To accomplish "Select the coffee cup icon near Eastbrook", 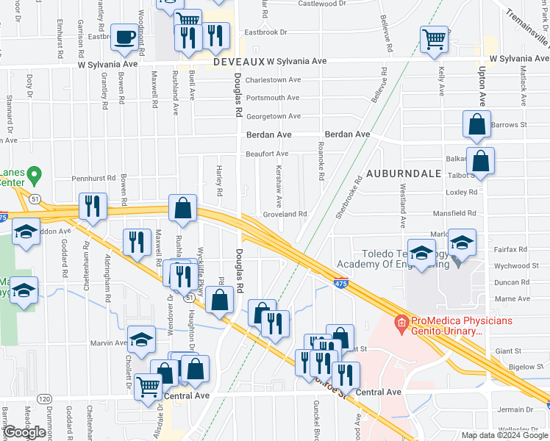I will click(x=124, y=37).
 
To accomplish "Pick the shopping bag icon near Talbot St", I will click(x=480, y=162).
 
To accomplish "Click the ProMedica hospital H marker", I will click(x=401, y=322).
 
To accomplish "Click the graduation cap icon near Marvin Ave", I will click(x=142, y=340).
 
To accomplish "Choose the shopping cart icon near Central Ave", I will click(x=149, y=386).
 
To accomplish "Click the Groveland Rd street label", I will click(x=285, y=214).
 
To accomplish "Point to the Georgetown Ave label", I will click(x=273, y=116).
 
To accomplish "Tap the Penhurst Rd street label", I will click(x=94, y=178).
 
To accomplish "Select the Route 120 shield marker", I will click(x=45, y=398).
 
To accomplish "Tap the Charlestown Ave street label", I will click(x=273, y=80).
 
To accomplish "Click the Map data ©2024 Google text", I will click(x=504, y=435).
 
